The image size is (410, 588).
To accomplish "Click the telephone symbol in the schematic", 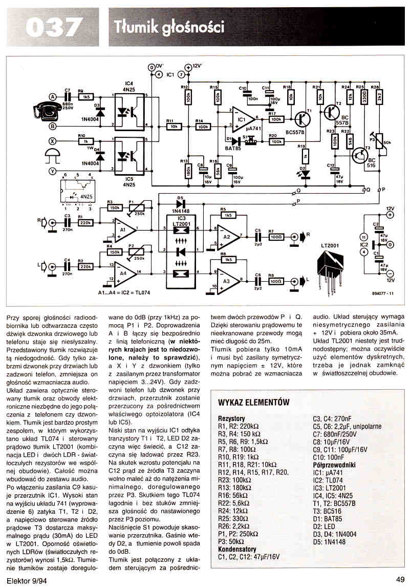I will (x=37, y=110).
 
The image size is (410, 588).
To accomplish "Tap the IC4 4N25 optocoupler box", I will (x=129, y=110).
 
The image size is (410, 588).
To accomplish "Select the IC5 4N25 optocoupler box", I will (x=129, y=154).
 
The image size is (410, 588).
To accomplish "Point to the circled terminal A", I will (x=52, y=96).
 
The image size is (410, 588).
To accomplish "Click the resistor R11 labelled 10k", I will (x=173, y=126).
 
